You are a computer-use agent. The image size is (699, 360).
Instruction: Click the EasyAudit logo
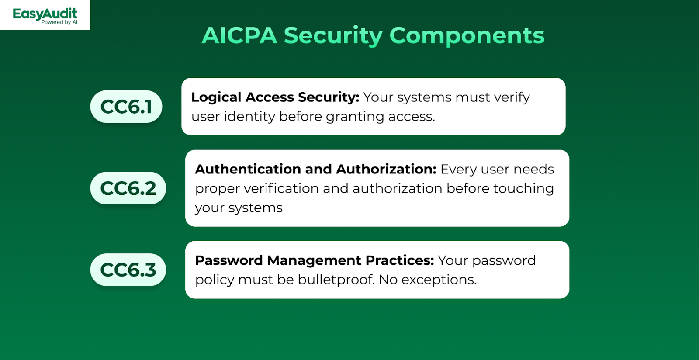point(45,16)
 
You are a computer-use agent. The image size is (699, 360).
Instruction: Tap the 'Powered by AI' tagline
point(59,22)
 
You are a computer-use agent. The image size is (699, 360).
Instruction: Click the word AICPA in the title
point(239,35)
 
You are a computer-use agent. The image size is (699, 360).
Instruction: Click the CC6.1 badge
point(126,107)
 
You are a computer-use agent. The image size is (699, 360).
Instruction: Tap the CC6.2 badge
point(128,188)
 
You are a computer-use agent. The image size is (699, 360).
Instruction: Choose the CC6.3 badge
point(128,270)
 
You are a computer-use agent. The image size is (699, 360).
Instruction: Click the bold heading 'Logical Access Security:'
point(275,97)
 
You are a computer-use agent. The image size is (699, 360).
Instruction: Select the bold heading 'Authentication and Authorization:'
point(315,169)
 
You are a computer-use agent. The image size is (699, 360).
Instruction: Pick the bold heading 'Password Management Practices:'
point(315,261)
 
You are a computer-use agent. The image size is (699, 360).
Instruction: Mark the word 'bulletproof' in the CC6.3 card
point(336,280)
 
